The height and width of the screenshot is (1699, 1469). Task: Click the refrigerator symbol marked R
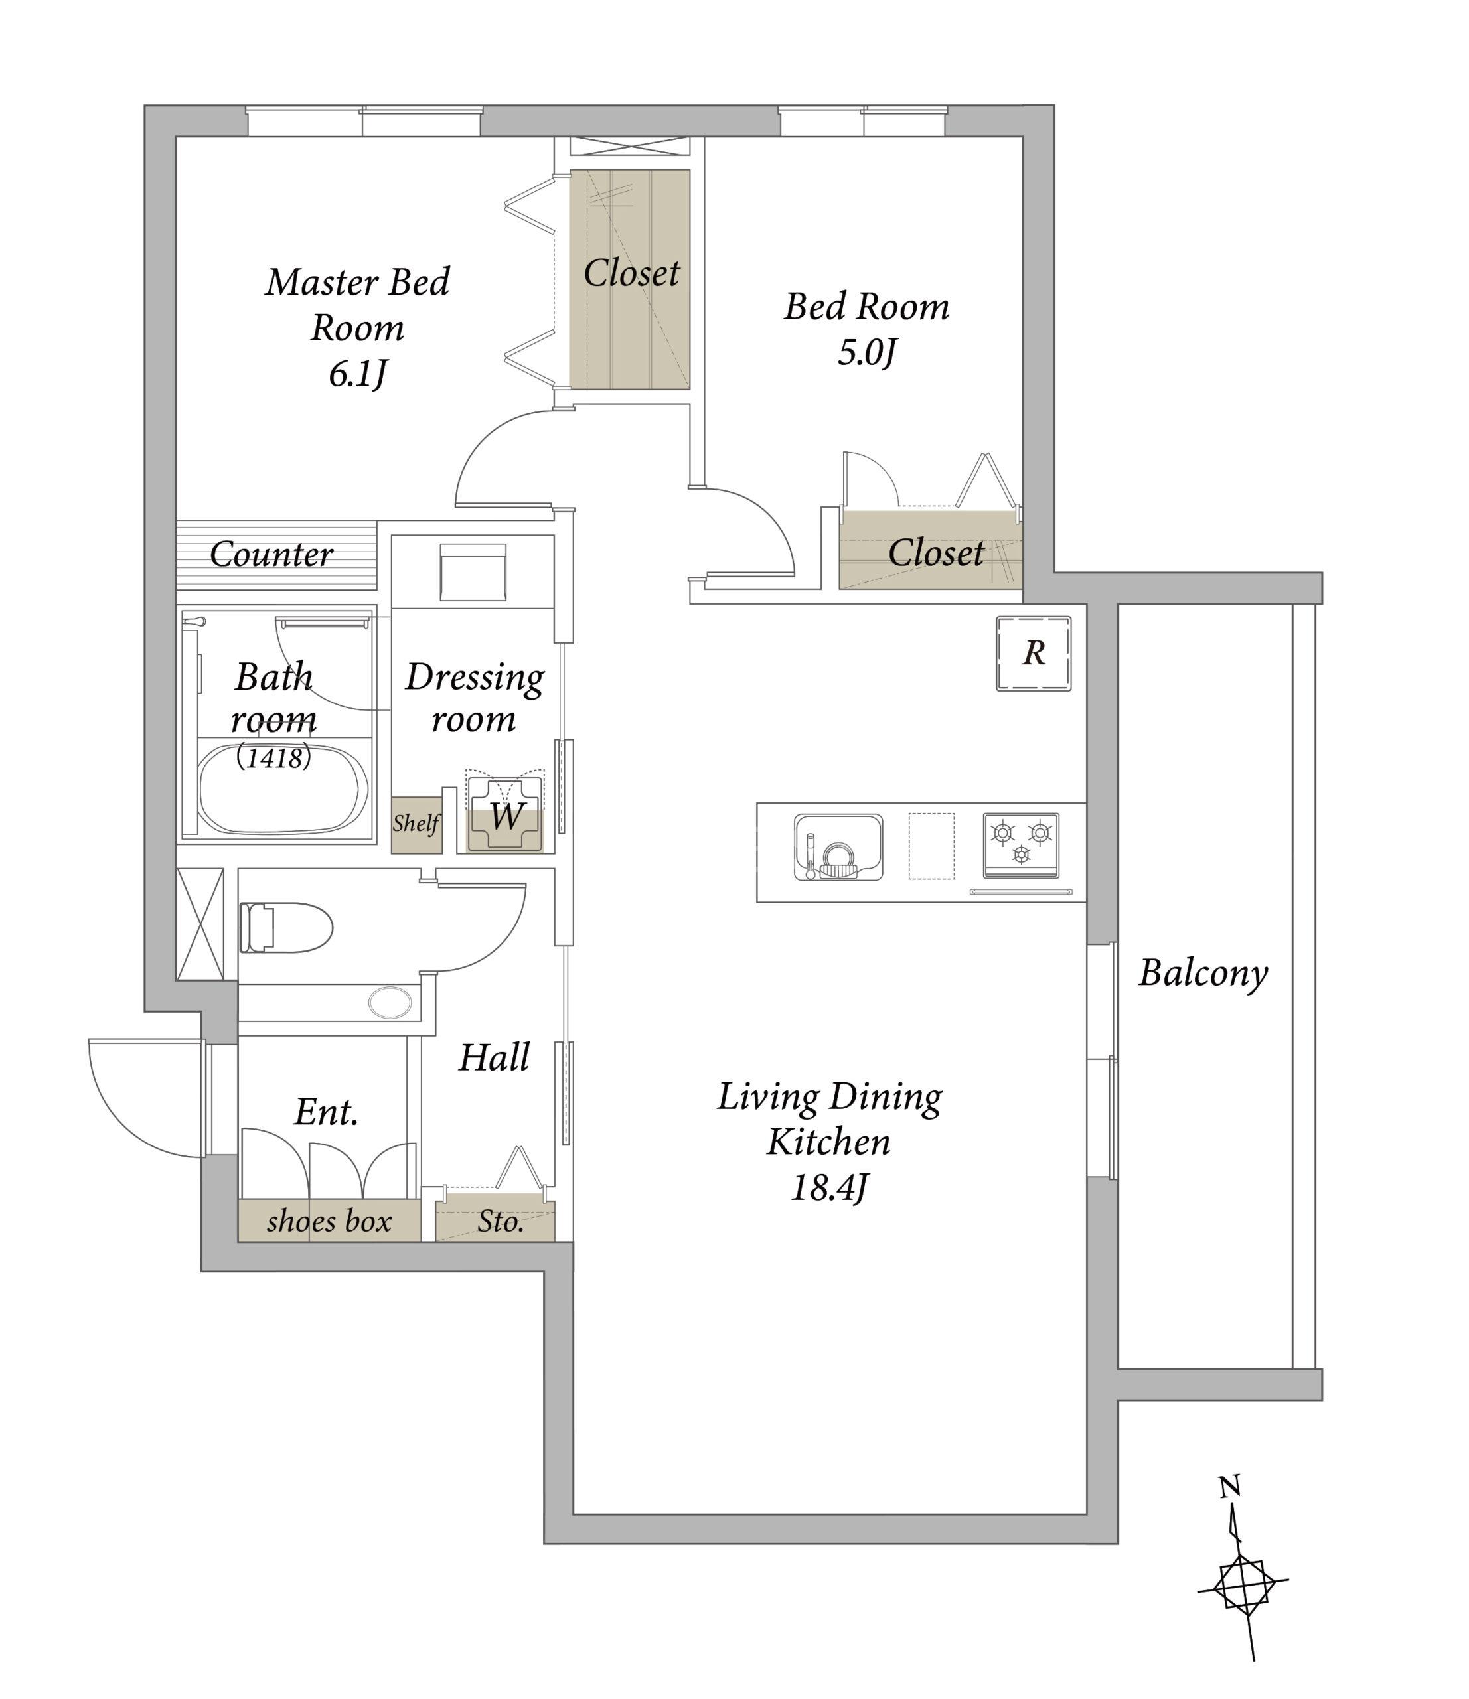tap(1034, 654)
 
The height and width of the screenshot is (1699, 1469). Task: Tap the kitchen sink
tap(838, 847)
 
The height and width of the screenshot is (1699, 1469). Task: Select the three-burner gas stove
tap(1021, 846)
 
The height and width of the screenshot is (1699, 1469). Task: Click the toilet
tap(285, 927)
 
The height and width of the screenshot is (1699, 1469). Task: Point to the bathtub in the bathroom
tap(281, 787)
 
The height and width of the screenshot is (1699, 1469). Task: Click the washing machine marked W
tap(505, 816)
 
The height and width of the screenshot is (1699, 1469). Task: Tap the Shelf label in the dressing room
tap(416, 823)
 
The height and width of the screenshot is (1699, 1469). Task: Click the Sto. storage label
tap(501, 1222)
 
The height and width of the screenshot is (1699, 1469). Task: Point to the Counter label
tap(271, 554)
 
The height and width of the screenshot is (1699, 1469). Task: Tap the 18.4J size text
tap(828, 1188)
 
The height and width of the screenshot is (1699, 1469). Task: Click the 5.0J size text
tap(867, 352)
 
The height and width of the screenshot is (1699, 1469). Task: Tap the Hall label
tap(494, 1058)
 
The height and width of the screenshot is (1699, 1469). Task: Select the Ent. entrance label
tap(327, 1113)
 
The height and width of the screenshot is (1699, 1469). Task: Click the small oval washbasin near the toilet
tap(390, 1002)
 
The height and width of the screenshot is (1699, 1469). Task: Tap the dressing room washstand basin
tap(473, 571)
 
